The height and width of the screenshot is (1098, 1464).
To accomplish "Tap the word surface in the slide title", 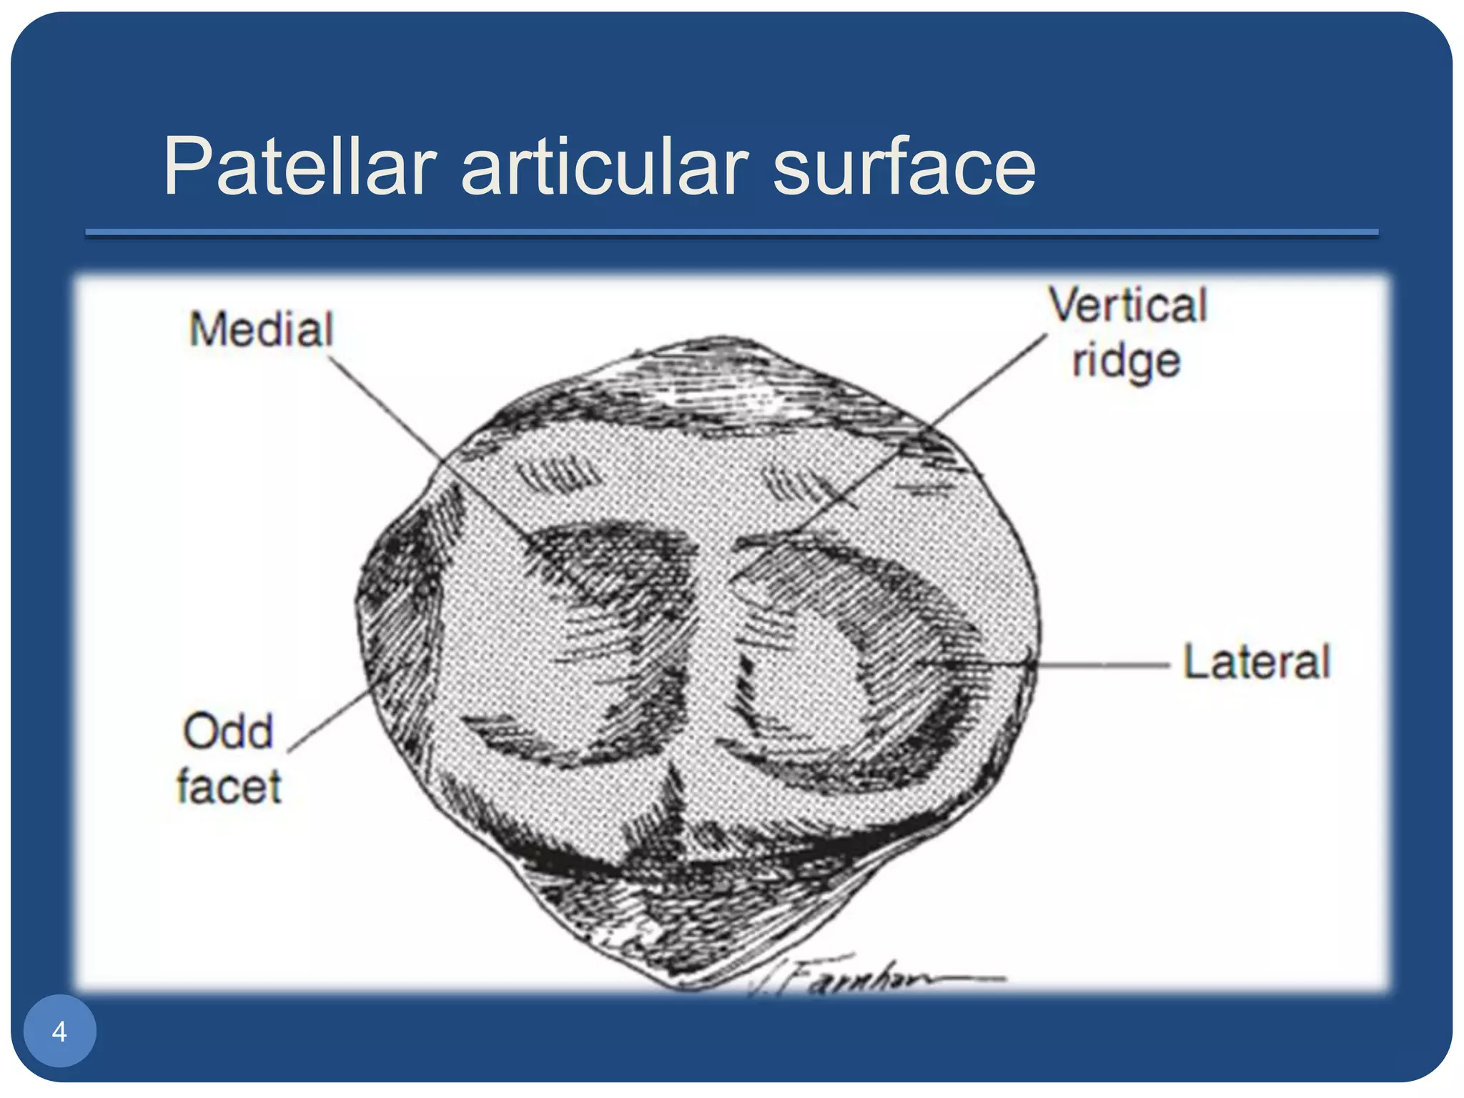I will (x=904, y=167).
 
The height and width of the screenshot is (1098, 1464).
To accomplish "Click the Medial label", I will (x=261, y=330).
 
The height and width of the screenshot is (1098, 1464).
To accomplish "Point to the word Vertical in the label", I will (x=1127, y=305).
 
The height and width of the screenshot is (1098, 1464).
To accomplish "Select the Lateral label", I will (x=1256, y=662).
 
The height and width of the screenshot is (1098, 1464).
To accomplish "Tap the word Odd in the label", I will (x=228, y=731).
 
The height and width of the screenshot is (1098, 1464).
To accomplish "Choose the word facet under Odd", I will (x=229, y=787).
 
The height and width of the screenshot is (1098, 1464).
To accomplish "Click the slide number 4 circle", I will (x=59, y=1031).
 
